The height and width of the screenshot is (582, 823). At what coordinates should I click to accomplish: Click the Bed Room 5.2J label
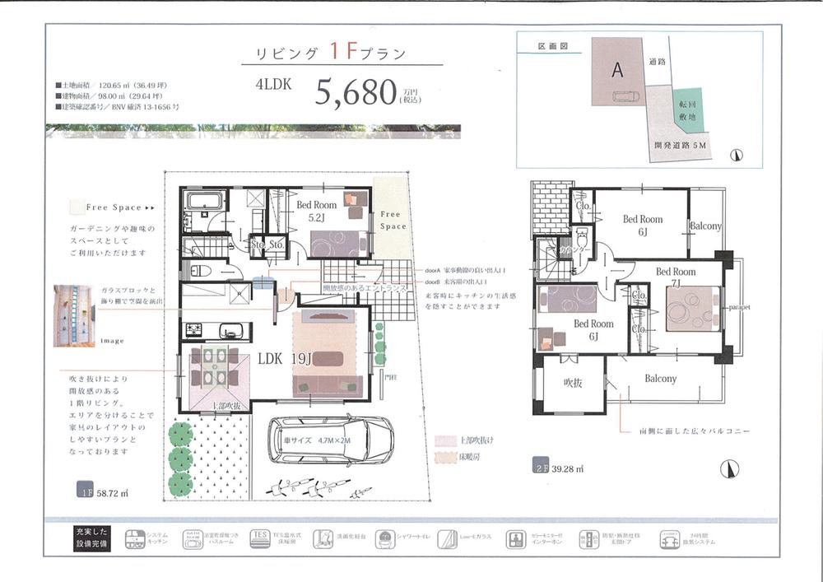pos(293,212)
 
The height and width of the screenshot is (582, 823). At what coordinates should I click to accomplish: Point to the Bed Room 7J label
pos(676,277)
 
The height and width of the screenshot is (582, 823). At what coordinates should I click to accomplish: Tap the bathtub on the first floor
pos(200,202)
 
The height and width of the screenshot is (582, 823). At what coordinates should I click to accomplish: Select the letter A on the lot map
pos(616,71)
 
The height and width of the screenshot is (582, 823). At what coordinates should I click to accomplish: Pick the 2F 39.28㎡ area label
pos(560,468)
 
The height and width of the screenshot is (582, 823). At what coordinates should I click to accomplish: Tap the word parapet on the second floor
pos(739,307)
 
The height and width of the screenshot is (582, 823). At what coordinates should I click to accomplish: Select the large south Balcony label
pos(660,379)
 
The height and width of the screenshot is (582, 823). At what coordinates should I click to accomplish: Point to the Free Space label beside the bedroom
pos(393,220)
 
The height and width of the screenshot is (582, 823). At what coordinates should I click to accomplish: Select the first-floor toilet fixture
pos(201,269)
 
